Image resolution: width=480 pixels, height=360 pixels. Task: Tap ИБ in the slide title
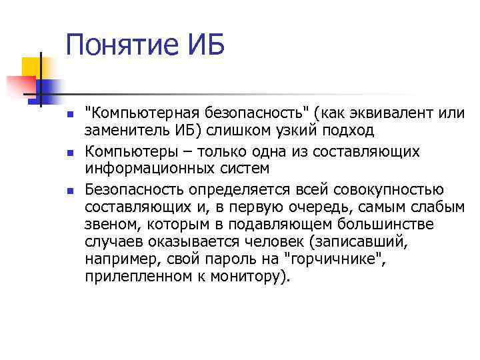pos(205,46)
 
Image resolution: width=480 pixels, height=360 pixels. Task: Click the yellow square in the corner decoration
pos(32,67)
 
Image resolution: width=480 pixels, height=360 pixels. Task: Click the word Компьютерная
pos(139,114)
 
